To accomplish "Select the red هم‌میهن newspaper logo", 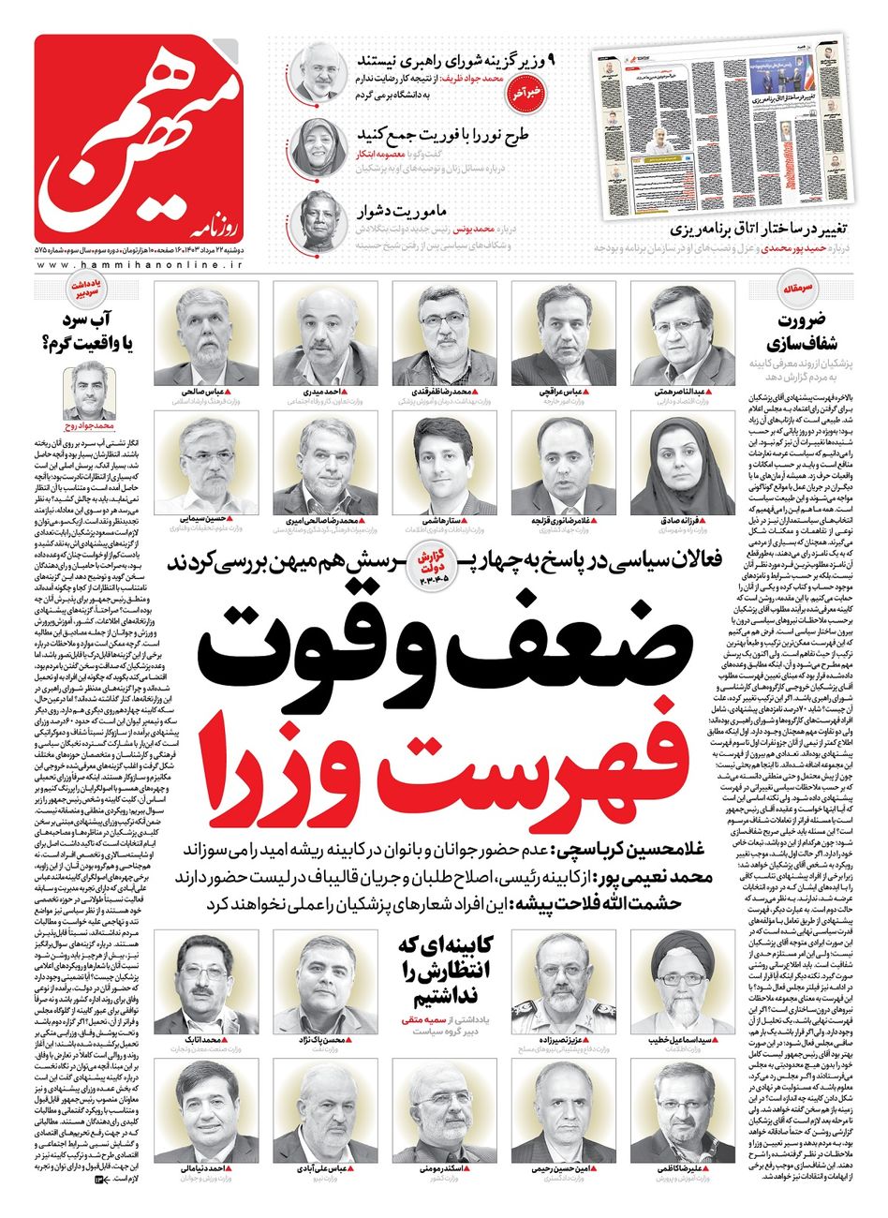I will (140, 141).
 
